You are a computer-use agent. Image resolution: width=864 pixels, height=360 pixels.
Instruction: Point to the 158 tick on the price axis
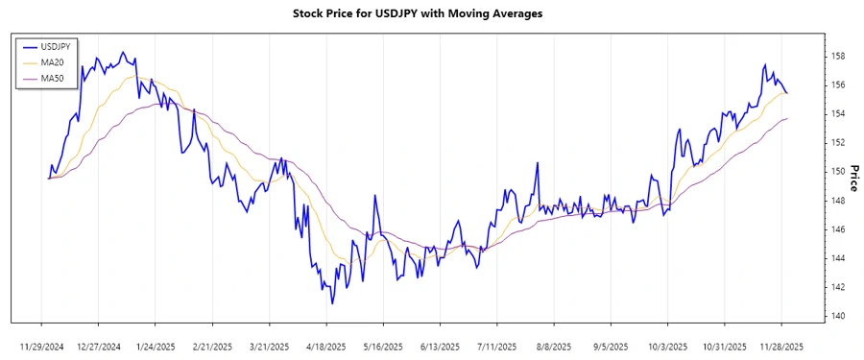(x=838, y=57)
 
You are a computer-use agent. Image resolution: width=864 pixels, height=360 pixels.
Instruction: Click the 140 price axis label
(x=838, y=316)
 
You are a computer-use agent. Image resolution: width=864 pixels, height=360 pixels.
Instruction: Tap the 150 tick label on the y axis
(x=838, y=172)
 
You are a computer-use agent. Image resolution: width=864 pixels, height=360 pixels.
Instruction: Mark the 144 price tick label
(x=838, y=258)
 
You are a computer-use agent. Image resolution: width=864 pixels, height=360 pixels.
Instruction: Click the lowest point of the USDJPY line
(x=332, y=304)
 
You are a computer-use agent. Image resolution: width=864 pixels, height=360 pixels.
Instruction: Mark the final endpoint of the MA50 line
(x=787, y=118)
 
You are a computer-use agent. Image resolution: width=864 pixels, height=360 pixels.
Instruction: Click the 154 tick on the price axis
(x=838, y=114)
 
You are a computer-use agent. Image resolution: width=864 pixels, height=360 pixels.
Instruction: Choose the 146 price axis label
(x=838, y=229)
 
